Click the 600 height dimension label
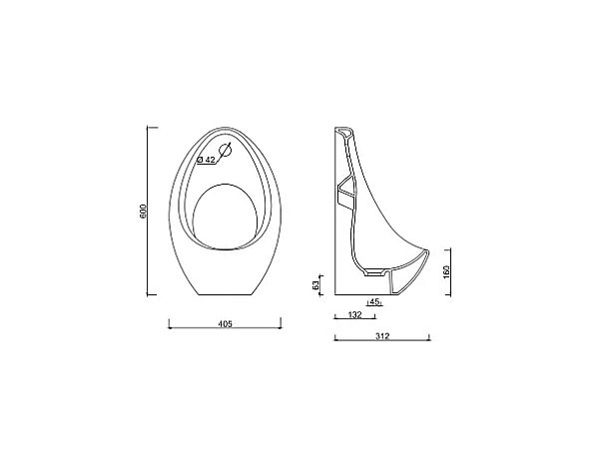coord(143,212)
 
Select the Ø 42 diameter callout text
coord(208,160)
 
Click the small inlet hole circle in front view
coord(226,152)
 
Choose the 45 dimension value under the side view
coord(374,300)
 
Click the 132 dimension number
coord(354,314)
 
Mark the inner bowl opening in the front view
coord(226,214)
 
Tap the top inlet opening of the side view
coord(344,132)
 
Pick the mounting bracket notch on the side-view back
coord(344,190)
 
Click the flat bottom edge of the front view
coord(226,295)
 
